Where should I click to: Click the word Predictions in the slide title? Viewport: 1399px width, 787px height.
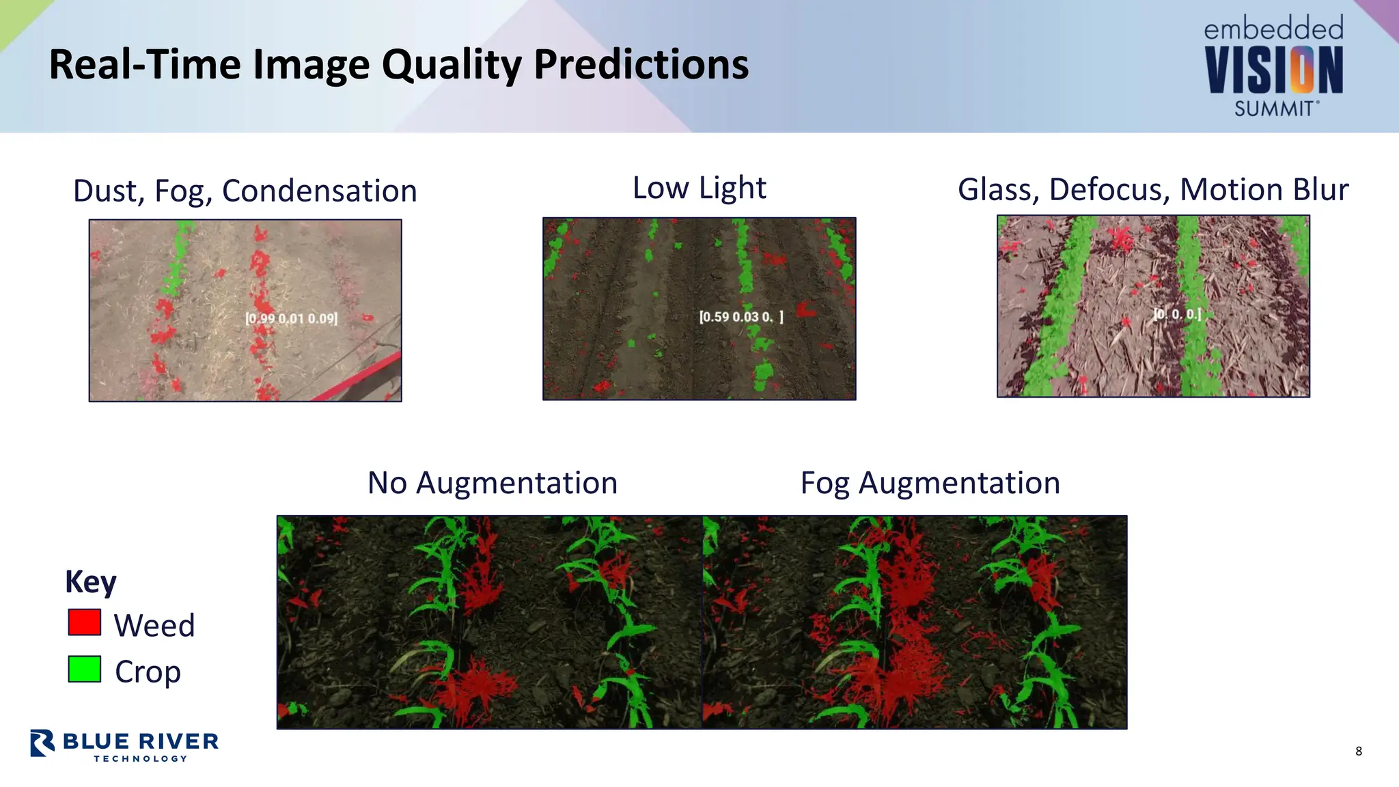(x=641, y=65)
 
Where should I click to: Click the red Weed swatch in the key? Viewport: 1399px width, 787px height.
(x=85, y=622)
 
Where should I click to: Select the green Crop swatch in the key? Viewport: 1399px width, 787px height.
(x=85, y=669)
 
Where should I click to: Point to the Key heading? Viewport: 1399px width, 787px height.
(x=91, y=581)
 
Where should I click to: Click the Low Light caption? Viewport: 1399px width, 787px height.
(x=699, y=188)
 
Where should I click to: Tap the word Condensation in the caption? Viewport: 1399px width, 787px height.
(x=319, y=191)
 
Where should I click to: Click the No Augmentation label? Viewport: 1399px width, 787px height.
(x=493, y=483)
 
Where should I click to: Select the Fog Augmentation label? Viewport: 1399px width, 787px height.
(x=930, y=483)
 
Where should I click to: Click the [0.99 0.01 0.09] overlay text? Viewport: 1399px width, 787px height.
(x=292, y=318)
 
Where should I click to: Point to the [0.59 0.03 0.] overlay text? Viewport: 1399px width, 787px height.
(x=741, y=317)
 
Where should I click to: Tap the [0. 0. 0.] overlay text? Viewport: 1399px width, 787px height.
(x=1177, y=314)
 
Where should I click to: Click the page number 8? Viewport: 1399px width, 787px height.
(x=1359, y=751)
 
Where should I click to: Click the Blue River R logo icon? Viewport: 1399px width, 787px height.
(x=42, y=743)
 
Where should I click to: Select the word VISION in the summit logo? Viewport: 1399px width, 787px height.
(x=1273, y=70)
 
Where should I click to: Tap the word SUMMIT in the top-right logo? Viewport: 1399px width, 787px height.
(x=1275, y=109)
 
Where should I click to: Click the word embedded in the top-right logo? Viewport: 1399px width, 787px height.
(x=1273, y=29)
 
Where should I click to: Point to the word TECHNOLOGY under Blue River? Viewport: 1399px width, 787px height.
(x=141, y=758)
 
